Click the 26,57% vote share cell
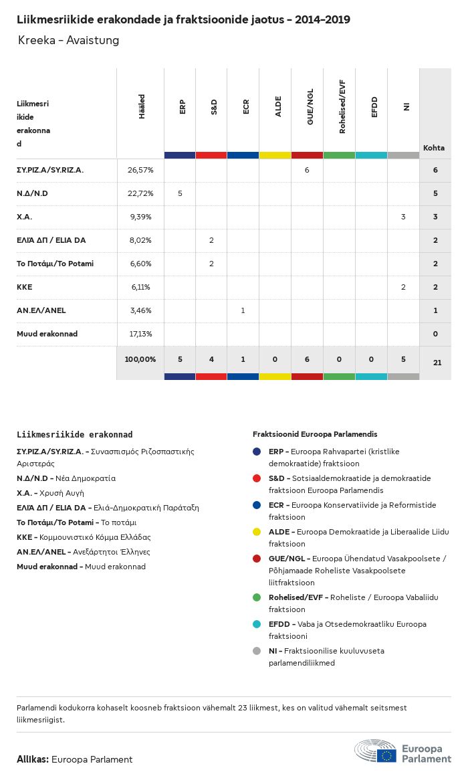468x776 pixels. pos(140,170)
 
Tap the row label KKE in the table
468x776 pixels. pos(24,287)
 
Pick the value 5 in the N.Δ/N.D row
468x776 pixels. pos(180,193)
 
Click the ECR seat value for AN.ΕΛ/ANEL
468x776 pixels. pos(243,310)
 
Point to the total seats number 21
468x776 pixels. pos(437,362)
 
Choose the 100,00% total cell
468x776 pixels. pos(140,359)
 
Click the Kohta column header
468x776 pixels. pos(434,148)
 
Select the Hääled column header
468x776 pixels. pos(142,106)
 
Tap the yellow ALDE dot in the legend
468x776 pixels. pos(257,532)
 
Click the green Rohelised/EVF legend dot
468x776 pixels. pos(257,597)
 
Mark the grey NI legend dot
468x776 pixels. pos(257,650)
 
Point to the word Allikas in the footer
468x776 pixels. pos(32,759)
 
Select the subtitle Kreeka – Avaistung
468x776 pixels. pos(69,40)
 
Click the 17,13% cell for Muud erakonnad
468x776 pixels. pos(140,334)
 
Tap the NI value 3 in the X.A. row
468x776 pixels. pos(403,217)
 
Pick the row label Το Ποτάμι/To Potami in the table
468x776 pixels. pos(55,264)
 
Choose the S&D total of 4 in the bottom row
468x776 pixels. pos(211,359)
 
